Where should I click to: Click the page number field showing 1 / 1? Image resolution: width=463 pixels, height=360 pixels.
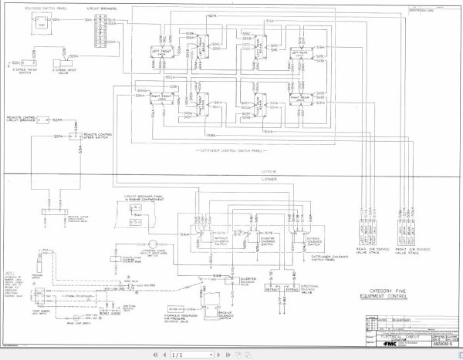[178, 355]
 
